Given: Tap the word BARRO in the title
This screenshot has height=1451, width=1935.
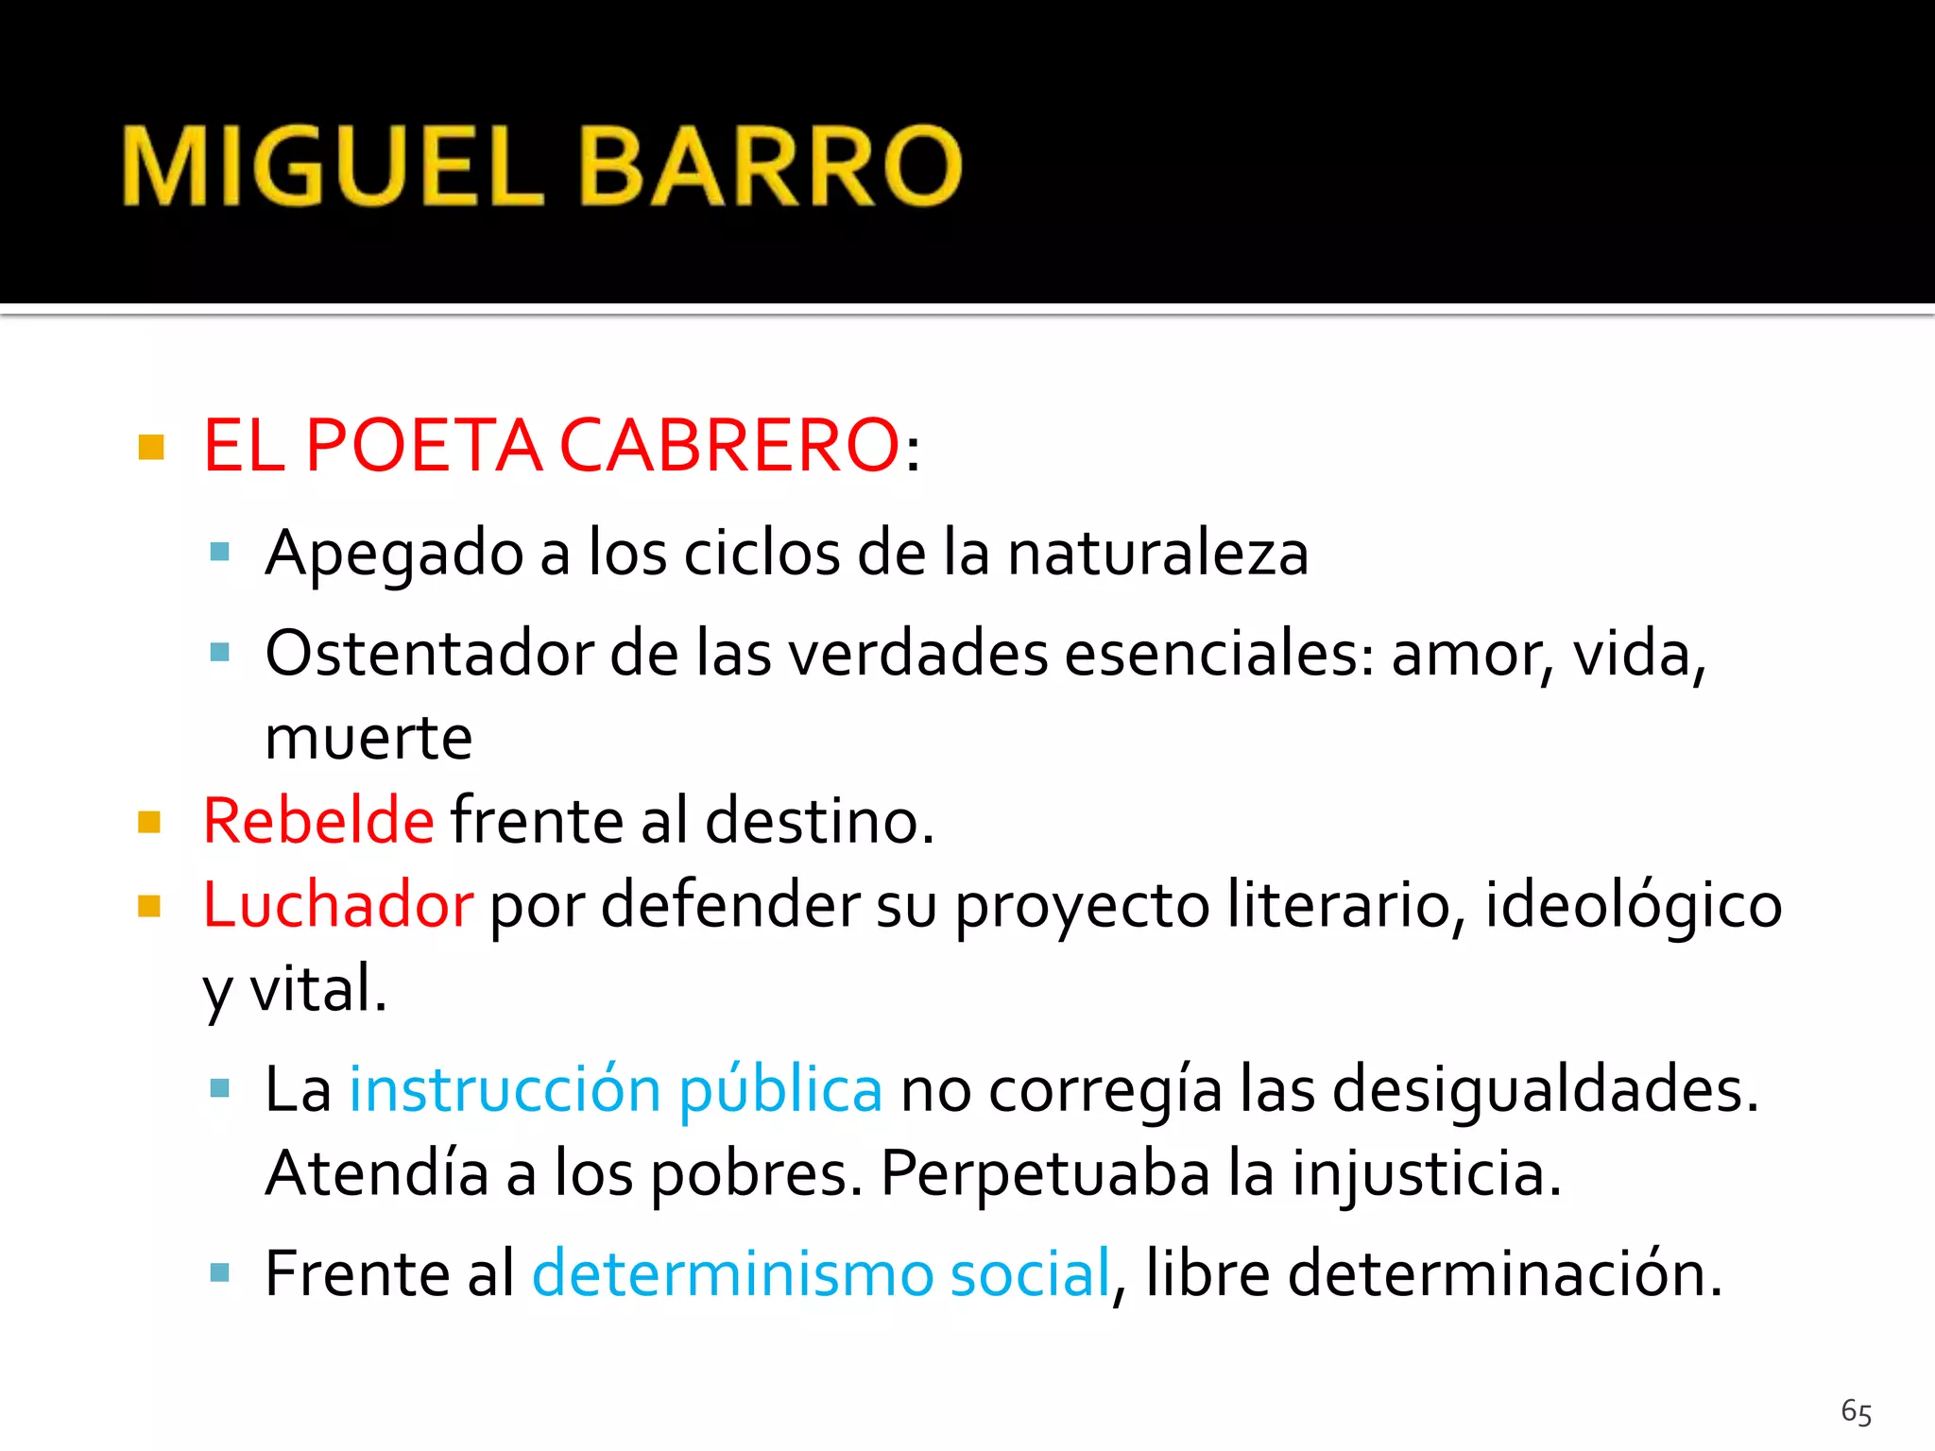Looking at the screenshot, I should pyautogui.click(x=770, y=166).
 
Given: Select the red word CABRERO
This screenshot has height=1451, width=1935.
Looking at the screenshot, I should pyautogui.click(x=729, y=445).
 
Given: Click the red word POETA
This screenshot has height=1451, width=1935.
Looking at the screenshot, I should pyautogui.click(x=424, y=445).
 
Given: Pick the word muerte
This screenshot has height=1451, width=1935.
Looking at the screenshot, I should pyautogui.click(x=368, y=738).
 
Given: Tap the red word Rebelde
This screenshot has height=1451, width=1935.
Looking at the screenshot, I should pyautogui.click(x=318, y=820).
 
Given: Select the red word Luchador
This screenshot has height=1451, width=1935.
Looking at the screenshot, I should pyautogui.click(x=337, y=904).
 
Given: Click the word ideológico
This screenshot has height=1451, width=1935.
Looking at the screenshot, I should pyautogui.click(x=1633, y=904).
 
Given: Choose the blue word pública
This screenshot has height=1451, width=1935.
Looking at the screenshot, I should pyautogui.click(x=780, y=1091).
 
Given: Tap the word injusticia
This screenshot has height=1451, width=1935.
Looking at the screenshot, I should pyautogui.click(x=1426, y=1174).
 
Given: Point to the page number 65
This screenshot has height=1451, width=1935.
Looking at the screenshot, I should pyautogui.click(x=1856, y=1412).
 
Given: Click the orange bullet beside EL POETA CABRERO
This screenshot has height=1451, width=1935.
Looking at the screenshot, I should pyautogui.click(x=151, y=446).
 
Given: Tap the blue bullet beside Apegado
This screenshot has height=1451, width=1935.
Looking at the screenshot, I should pyautogui.click(x=220, y=552).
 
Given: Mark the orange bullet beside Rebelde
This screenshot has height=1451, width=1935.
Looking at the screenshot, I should pyautogui.click(x=149, y=822).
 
